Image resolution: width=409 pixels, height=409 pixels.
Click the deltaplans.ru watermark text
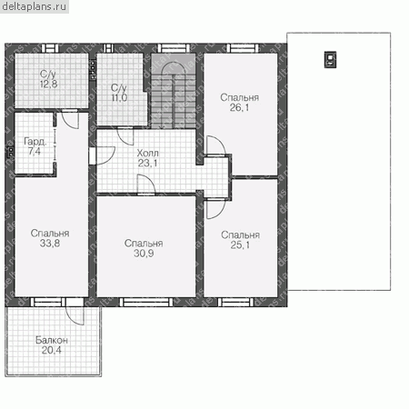(x=34, y=6)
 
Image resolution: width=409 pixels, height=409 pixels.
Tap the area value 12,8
(x=49, y=84)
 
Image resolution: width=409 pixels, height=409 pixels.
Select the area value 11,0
(x=119, y=97)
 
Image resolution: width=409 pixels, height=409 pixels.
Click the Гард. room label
(x=35, y=141)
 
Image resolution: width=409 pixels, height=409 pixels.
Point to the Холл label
(x=147, y=153)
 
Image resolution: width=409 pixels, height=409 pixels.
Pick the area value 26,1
(x=239, y=107)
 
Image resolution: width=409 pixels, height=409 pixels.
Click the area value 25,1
(x=240, y=244)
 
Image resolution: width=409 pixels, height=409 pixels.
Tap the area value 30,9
(x=144, y=254)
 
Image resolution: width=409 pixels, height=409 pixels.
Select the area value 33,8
(x=50, y=243)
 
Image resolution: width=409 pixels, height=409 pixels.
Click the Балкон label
(x=52, y=340)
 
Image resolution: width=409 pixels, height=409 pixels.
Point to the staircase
(x=174, y=92)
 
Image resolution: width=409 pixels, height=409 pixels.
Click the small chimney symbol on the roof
(x=330, y=60)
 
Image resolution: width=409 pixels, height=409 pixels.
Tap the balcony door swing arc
(x=74, y=316)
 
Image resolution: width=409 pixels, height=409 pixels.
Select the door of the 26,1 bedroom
(x=216, y=146)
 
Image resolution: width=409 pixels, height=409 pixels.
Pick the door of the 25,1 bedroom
(x=216, y=209)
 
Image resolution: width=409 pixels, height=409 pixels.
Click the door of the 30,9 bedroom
(x=146, y=184)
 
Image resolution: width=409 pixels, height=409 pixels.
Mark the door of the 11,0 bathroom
(x=125, y=136)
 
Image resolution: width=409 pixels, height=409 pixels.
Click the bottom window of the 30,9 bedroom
(x=146, y=302)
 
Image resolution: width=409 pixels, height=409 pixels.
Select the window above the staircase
(x=174, y=48)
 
